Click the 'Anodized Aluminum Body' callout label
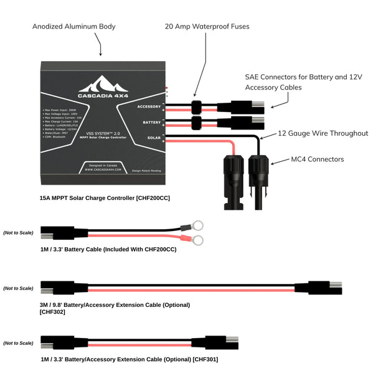pyautogui.click(x=74, y=27)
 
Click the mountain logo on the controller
pyautogui.click(x=103, y=84)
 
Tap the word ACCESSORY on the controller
pyautogui.click(x=149, y=106)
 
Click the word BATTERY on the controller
pyautogui.click(x=152, y=122)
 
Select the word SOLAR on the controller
pyautogui.click(x=155, y=138)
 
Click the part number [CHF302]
pyautogui.click(x=52, y=312)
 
